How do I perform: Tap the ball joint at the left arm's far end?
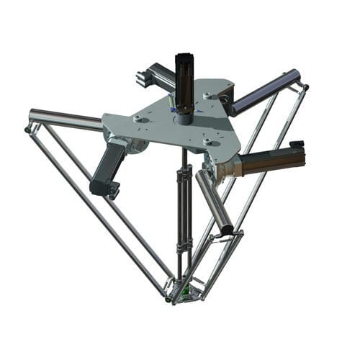tap(28, 130)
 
